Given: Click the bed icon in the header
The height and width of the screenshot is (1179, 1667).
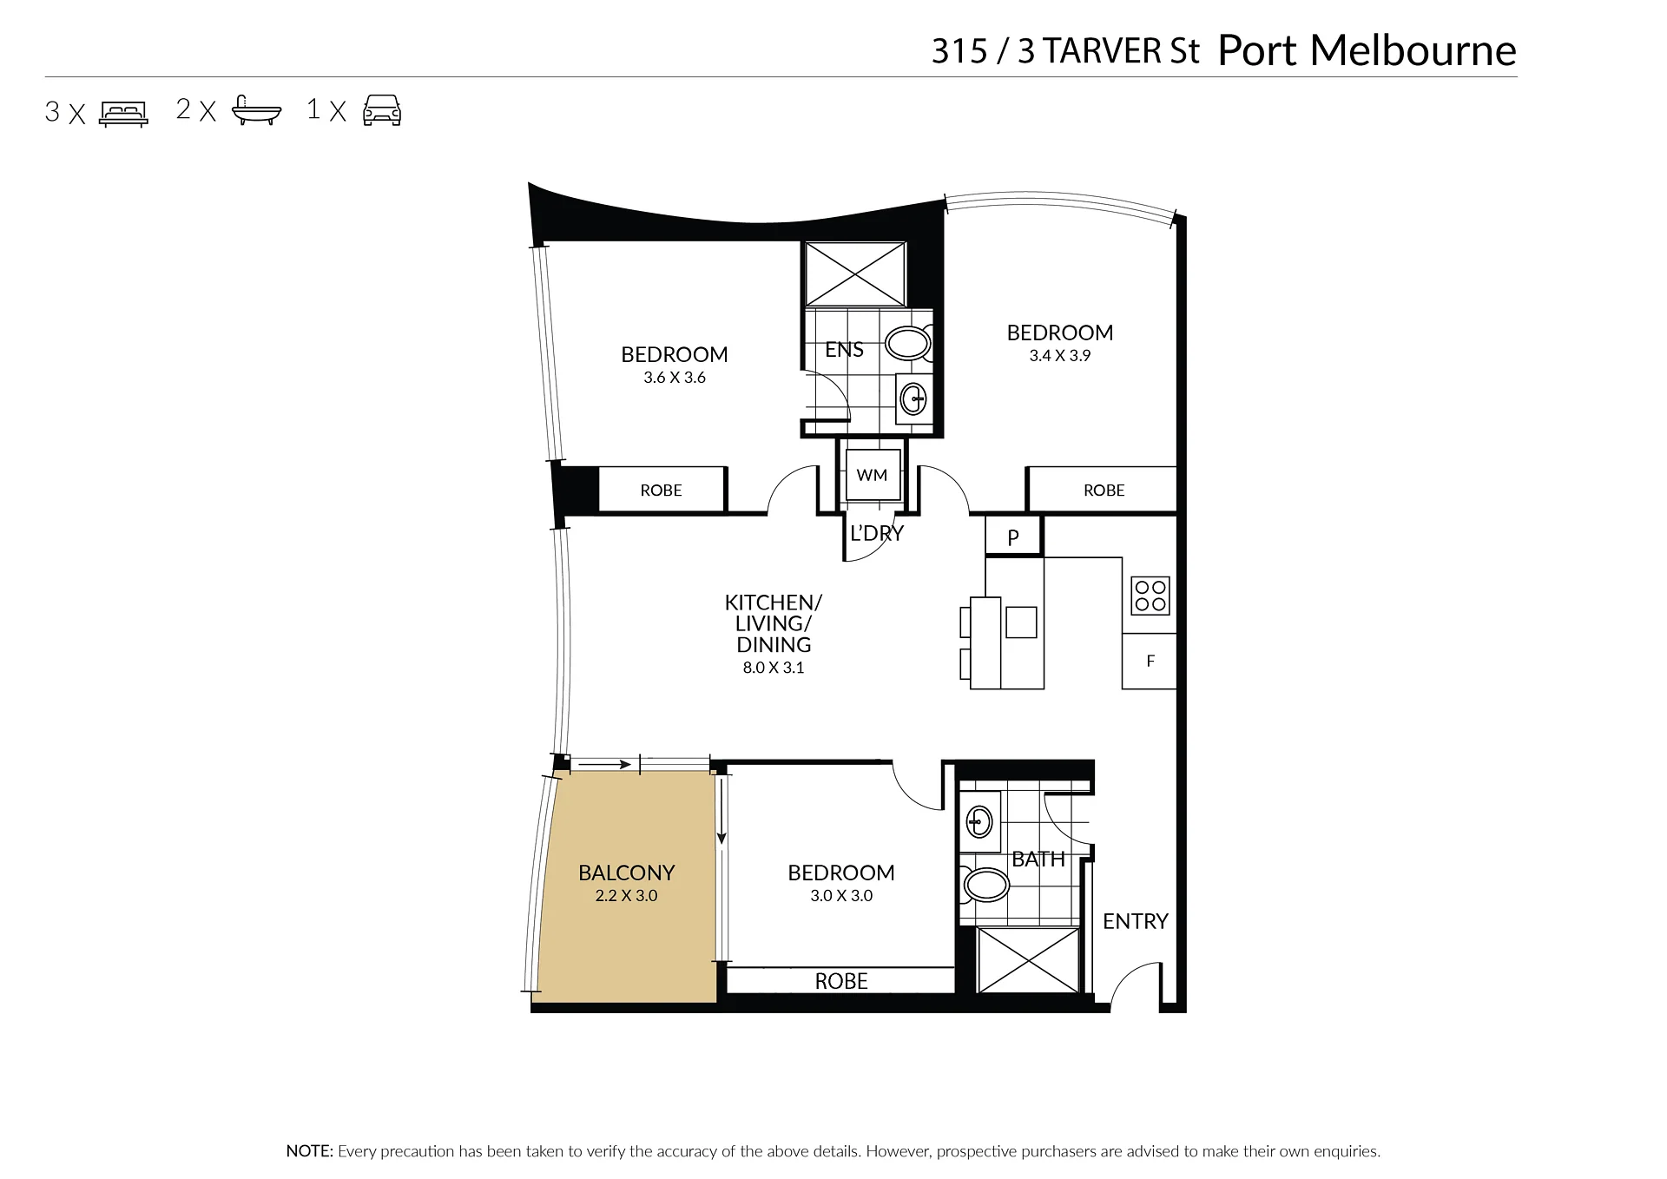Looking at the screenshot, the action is [x=123, y=114].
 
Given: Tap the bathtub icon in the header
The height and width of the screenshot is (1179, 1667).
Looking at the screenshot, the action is [x=257, y=111].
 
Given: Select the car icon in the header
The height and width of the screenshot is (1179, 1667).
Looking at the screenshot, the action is [x=382, y=111].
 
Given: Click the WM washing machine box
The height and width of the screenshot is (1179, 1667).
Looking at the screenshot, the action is [x=873, y=475].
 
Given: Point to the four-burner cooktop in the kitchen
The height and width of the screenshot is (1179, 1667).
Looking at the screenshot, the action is [x=1150, y=596].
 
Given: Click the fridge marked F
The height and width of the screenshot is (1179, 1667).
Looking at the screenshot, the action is [x=1150, y=661].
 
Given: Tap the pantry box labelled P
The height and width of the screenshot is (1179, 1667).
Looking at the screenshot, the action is [x=1013, y=537].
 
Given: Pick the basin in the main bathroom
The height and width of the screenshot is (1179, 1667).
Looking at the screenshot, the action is [x=979, y=821].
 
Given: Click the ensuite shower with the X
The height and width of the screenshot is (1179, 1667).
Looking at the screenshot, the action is [x=855, y=274].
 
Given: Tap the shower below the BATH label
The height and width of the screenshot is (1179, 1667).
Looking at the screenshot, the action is [x=1029, y=960].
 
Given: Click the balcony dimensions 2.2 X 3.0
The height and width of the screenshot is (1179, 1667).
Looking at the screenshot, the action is [x=626, y=896].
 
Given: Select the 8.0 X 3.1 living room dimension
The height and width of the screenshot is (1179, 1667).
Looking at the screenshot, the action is [x=774, y=668].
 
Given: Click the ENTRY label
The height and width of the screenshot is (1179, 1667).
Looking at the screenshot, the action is [x=1136, y=921].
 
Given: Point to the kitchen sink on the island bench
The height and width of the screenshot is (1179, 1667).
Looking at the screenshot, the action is [x=1021, y=622].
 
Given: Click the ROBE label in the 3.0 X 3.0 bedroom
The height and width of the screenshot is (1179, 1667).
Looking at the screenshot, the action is [x=841, y=981].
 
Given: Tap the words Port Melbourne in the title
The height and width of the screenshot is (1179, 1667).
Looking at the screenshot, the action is [x=1367, y=50].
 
